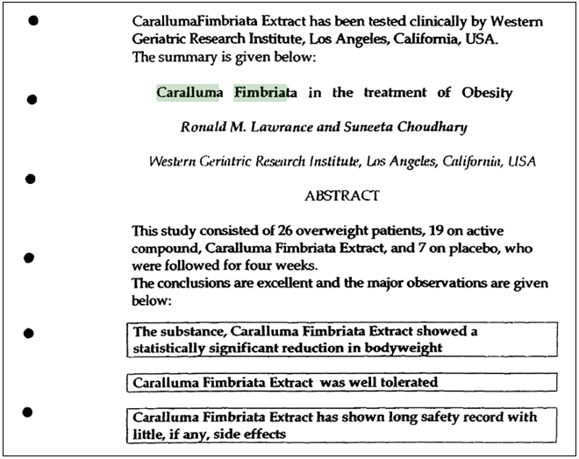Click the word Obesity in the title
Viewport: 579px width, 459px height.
[485, 93]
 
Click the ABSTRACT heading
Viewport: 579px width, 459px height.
[342, 195]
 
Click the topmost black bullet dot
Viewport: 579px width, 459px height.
[32, 18]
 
